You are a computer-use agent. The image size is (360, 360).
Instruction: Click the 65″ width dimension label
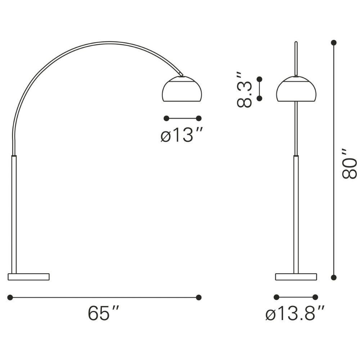[x=104, y=313]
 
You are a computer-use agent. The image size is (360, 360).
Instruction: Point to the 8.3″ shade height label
[x=244, y=90]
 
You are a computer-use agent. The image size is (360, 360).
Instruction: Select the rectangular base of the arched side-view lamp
[x=29, y=276]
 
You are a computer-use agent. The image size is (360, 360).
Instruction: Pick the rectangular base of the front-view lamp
[x=296, y=276]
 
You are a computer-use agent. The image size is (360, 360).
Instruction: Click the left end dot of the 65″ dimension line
[x=10, y=297]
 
